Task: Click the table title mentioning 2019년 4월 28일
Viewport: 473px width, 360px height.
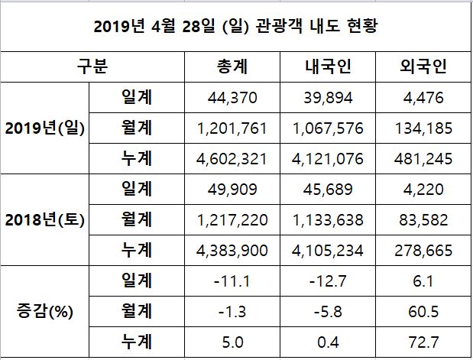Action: tap(236, 27)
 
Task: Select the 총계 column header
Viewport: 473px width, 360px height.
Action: tap(237, 66)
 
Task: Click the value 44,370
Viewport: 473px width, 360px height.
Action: tap(237, 98)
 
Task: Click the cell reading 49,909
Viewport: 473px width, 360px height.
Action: tap(237, 190)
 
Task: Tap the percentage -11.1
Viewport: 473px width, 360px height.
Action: tap(237, 281)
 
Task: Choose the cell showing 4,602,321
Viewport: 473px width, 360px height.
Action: tap(237, 159)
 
